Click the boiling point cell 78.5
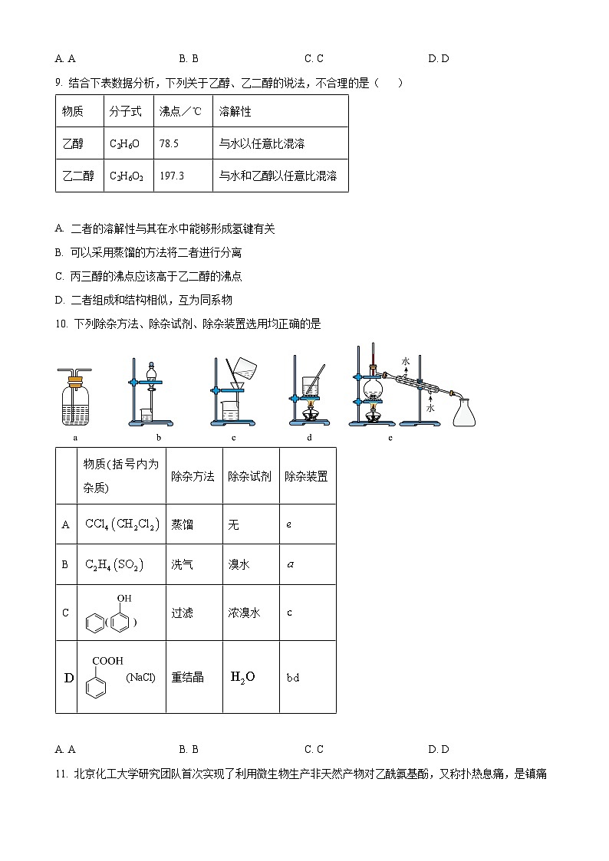pyautogui.click(x=169, y=143)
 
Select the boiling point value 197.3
pyautogui.click(x=172, y=176)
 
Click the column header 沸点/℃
pyautogui.click(x=180, y=111)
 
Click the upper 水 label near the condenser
pyautogui.click(x=406, y=359)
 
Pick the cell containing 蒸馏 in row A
pyautogui.click(x=183, y=524)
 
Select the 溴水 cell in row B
pyautogui.click(x=239, y=564)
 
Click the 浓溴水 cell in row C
pyautogui.click(x=244, y=613)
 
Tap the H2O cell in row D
pyautogui.click(x=242, y=676)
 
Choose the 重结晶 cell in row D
pyautogui.click(x=187, y=677)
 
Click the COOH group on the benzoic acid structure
pyautogui.click(x=107, y=660)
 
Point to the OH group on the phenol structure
pyautogui.click(x=123, y=598)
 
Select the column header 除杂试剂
pyautogui.click(x=249, y=476)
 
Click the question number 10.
pyautogui.click(x=61, y=324)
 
